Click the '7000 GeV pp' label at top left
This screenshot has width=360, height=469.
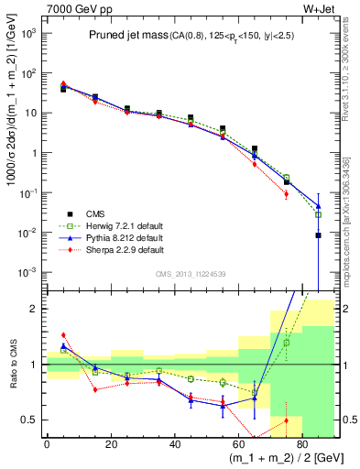point(71,8)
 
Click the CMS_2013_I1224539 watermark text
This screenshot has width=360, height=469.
point(189,274)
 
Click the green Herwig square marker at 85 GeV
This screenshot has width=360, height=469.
point(318,214)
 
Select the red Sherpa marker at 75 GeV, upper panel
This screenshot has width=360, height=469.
point(286,194)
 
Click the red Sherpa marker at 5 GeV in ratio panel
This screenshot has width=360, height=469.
point(63,335)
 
